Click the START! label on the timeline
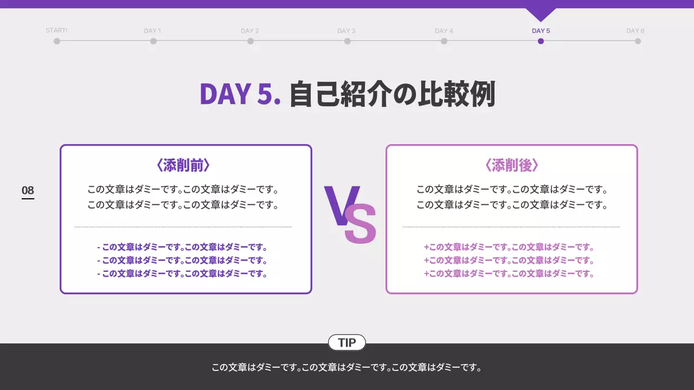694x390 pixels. [x=56, y=31]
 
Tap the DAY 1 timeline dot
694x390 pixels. [x=153, y=41]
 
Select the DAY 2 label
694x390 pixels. [x=249, y=31]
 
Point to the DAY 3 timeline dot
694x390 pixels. [x=347, y=41]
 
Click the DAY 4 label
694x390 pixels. [x=444, y=31]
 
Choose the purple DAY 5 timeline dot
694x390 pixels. [x=541, y=41]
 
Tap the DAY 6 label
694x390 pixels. [x=635, y=31]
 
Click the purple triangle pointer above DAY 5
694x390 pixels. [x=541, y=14]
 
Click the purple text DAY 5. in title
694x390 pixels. [x=240, y=94]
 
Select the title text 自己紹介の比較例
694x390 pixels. [x=392, y=94]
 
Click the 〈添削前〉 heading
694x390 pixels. [x=183, y=165]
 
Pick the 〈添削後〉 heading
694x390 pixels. [x=511, y=165]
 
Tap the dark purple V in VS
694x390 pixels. [x=339, y=205]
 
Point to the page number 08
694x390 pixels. [x=28, y=190]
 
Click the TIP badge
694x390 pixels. [x=347, y=343]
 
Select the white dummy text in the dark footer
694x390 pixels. [x=347, y=368]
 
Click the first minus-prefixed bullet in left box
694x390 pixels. [x=183, y=247]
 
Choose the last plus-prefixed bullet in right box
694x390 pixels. [x=509, y=274]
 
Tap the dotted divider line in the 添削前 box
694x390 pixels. [x=183, y=227]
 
